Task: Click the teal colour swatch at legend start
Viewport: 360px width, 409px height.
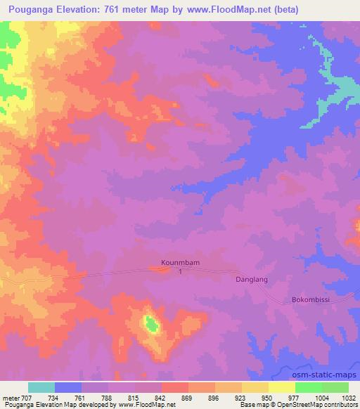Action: click(x=41, y=387)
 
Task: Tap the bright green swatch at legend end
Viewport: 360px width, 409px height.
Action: click(x=335, y=387)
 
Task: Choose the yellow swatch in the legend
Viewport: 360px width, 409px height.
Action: click(x=281, y=387)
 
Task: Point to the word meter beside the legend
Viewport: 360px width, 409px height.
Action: click(x=11, y=397)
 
